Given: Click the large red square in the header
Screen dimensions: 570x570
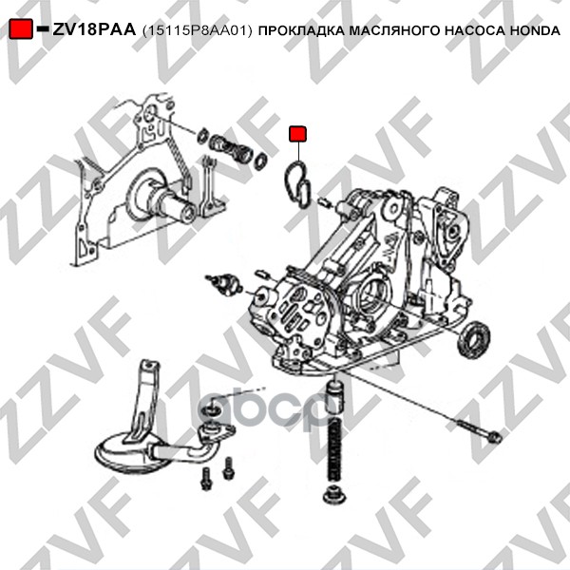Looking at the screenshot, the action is [x=21, y=28].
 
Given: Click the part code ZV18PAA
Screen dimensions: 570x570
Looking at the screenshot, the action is [x=94, y=29].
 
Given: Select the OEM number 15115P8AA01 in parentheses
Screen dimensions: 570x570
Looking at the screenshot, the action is [x=197, y=30].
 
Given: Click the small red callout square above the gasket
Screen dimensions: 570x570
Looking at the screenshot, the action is [x=297, y=134].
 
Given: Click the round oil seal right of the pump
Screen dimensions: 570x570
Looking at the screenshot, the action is [x=473, y=339].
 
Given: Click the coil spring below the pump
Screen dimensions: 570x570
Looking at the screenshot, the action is [x=334, y=448].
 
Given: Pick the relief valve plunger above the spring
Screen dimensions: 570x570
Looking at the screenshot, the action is [x=334, y=396].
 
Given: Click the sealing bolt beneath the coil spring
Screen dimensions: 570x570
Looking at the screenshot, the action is [x=334, y=495].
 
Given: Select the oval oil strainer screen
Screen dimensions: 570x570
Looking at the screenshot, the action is [x=132, y=451].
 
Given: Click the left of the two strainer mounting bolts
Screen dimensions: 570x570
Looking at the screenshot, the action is [x=206, y=479].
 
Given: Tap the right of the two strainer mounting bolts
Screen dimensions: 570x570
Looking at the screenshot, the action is [x=229, y=467].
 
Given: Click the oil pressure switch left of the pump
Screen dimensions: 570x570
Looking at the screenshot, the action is [x=224, y=282].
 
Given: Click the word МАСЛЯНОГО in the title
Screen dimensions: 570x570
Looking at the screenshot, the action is [x=394, y=31].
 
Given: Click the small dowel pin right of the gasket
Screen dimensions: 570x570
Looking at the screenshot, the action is [x=324, y=202].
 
